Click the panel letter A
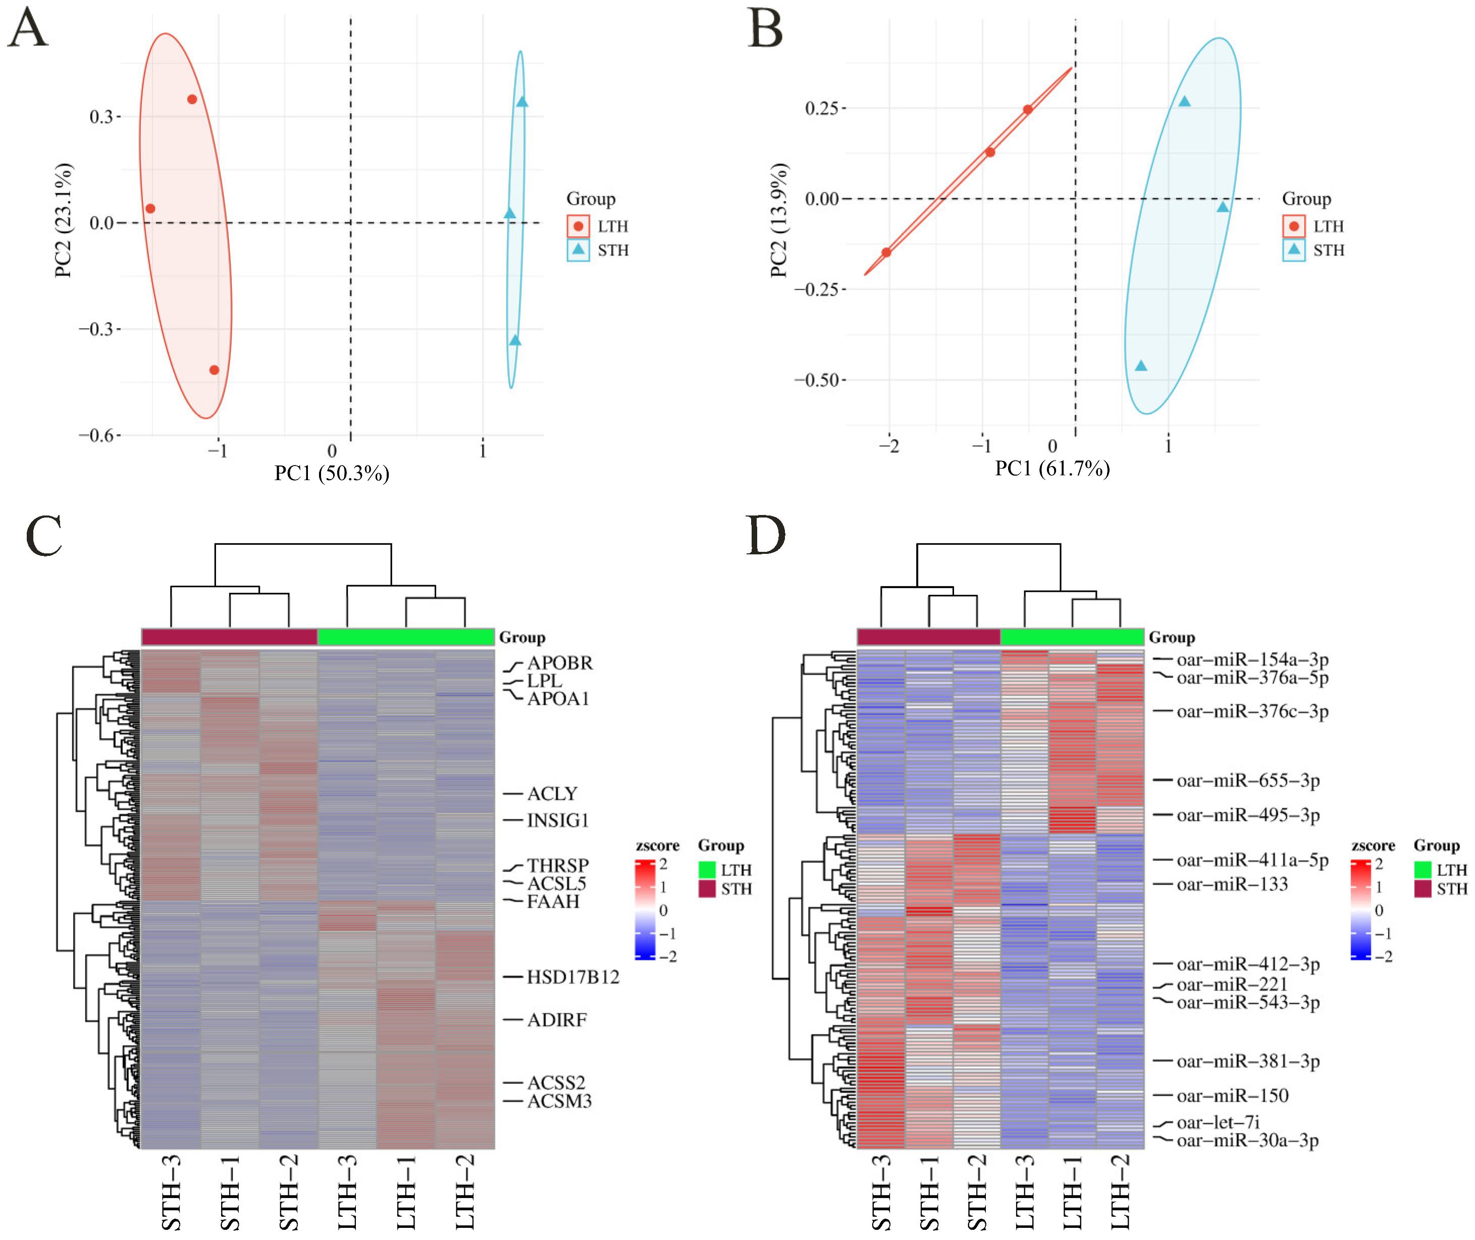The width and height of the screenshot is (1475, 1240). click(x=28, y=28)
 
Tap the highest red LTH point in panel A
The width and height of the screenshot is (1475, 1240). click(x=192, y=99)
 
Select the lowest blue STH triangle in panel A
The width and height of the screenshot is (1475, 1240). click(x=515, y=341)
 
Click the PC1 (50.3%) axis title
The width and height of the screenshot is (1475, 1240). click(x=332, y=473)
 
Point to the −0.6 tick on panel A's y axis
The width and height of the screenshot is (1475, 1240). click(x=96, y=436)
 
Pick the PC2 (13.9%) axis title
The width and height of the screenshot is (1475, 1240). click(x=778, y=220)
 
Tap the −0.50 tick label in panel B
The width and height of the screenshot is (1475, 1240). click(x=817, y=380)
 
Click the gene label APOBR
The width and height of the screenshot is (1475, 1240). click(x=559, y=663)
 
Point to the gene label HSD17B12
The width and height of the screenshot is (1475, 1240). click(x=573, y=977)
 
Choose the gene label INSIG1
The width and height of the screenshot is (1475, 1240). click(x=558, y=820)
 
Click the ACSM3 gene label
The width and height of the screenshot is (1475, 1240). click(x=559, y=1101)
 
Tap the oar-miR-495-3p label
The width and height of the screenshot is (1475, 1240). click(x=1248, y=815)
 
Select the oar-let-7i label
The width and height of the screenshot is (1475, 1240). click(x=1218, y=1122)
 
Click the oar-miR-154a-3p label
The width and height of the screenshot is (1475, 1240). click(x=1252, y=659)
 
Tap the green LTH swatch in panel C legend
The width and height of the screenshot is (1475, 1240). click(x=707, y=869)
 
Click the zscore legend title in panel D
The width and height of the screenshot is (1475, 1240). click(x=1373, y=846)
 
